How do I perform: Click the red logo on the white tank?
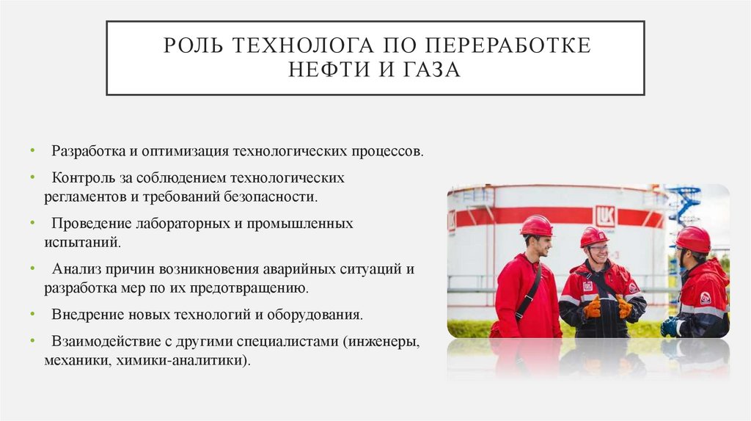click(x=605, y=216)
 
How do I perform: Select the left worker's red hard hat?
click(x=537, y=226)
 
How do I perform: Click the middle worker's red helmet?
click(x=593, y=236)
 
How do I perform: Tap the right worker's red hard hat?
click(x=693, y=238)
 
